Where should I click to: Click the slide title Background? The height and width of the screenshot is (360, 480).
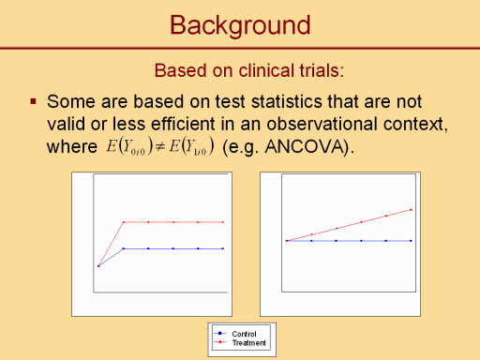[240, 25]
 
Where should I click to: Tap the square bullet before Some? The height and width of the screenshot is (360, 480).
[34, 101]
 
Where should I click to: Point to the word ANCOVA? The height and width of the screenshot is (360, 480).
[306, 146]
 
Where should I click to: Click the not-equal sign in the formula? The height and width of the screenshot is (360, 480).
[160, 147]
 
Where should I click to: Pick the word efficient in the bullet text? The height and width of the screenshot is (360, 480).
[183, 124]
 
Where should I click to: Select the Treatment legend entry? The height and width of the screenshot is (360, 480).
[239, 342]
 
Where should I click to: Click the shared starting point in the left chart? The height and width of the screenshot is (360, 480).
[98, 266]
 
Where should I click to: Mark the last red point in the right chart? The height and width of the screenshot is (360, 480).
[411, 210]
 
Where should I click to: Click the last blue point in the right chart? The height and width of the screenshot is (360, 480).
[411, 241]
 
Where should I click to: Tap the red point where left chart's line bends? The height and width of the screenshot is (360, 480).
[124, 222]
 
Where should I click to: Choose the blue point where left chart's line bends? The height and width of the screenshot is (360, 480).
[124, 248]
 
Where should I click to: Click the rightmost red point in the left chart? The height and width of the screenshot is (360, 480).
[223, 222]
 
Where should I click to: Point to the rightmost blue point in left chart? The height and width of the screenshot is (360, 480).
[223, 248]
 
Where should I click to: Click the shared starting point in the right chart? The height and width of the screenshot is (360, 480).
[287, 241]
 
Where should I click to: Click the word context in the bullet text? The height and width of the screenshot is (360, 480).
[415, 124]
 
